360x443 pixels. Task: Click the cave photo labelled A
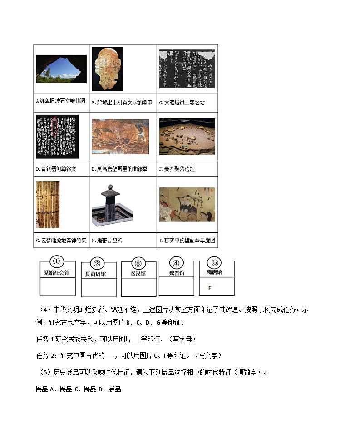click(61, 69)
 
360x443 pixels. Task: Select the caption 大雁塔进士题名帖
click(182, 103)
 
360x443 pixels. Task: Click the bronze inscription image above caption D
click(57, 135)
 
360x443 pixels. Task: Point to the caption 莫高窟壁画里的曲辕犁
click(119, 169)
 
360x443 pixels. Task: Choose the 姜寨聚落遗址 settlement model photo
click(187, 137)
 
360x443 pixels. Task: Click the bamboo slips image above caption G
click(48, 205)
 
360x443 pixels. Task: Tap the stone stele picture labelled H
click(112, 205)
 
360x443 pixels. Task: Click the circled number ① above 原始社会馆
click(57, 261)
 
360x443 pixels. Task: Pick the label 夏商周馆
click(96, 274)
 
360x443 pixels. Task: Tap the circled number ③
click(138, 263)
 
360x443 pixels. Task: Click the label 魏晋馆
click(177, 273)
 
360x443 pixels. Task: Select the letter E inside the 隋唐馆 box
click(210, 288)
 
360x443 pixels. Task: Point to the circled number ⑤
click(214, 262)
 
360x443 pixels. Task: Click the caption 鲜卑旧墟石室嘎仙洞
click(60, 101)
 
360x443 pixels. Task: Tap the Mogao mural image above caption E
click(120, 137)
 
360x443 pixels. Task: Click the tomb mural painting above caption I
click(187, 204)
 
